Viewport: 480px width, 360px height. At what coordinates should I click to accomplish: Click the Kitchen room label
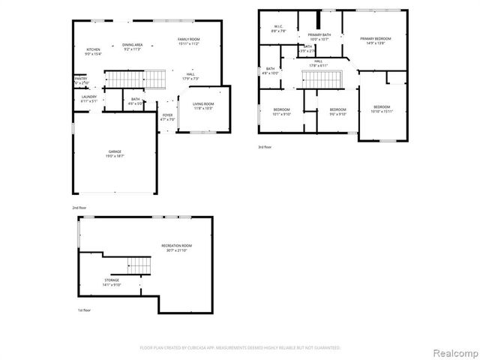pyautogui.click(x=93, y=51)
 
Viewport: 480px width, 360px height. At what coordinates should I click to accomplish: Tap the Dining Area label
pyautogui.click(x=132, y=46)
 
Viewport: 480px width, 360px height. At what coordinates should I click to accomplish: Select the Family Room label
pyautogui.click(x=188, y=40)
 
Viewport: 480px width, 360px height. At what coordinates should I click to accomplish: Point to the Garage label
pyautogui.click(x=115, y=153)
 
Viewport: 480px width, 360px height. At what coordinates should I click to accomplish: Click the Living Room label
pyautogui.click(x=203, y=106)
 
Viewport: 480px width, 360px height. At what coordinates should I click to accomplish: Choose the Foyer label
pyautogui.click(x=167, y=117)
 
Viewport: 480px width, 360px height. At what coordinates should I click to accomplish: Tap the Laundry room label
pyautogui.click(x=89, y=98)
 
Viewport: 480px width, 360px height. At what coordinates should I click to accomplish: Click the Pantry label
pyautogui.click(x=81, y=80)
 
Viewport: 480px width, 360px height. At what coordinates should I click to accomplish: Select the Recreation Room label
pyautogui.click(x=177, y=247)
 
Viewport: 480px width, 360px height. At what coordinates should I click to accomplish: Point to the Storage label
pyautogui.click(x=112, y=282)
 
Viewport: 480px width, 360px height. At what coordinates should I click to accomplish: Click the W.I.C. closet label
pyautogui.click(x=277, y=29)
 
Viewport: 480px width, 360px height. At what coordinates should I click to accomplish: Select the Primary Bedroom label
pyautogui.click(x=375, y=40)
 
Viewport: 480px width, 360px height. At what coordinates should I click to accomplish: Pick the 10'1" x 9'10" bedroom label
pyautogui.click(x=281, y=112)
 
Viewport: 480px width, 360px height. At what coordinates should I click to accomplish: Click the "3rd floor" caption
pyautogui.click(x=265, y=147)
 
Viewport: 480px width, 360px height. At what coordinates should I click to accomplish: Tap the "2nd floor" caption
pyautogui.click(x=79, y=206)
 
